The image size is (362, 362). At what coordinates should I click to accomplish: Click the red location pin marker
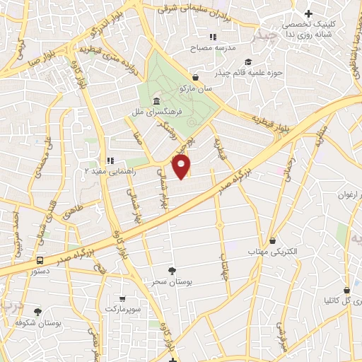coord(182,167)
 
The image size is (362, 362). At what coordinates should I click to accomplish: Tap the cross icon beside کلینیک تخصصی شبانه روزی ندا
coord(308,13)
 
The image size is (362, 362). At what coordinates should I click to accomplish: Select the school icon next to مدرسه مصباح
coord(212,37)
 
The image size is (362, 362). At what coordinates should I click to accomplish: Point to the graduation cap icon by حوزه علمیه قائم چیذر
coord(247,62)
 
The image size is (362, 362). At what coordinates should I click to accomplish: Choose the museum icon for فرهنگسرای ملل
coord(136,101)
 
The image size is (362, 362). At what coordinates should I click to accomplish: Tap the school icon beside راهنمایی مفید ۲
coord(110,160)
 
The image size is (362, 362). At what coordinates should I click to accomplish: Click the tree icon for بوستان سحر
coord(173,270)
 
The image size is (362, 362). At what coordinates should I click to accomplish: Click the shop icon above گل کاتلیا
coord(346,289)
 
